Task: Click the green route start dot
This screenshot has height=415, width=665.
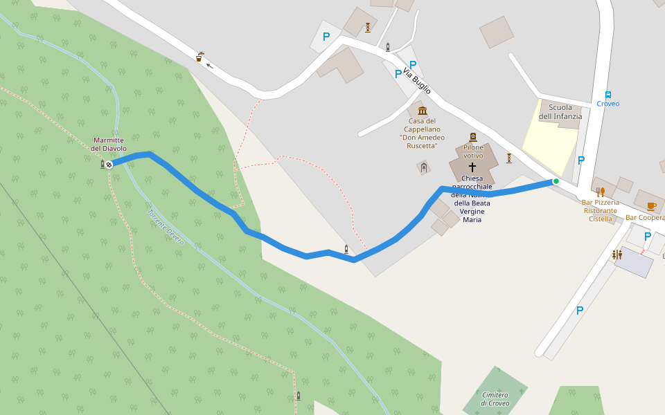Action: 556,181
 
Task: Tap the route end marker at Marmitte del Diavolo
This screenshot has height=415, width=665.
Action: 109,164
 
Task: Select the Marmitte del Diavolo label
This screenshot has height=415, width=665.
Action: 109,144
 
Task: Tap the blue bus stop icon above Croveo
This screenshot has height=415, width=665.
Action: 608,95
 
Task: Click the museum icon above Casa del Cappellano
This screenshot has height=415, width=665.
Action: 423,111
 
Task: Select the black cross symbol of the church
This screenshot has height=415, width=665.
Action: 473,167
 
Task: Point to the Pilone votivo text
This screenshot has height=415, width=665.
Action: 473,151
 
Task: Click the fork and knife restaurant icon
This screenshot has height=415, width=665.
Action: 601,192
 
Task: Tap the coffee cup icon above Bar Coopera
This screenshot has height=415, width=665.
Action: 651,206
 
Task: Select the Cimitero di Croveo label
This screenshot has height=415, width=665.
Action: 495,398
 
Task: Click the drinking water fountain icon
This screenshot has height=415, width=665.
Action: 199,57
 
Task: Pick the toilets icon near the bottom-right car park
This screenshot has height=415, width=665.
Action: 617,255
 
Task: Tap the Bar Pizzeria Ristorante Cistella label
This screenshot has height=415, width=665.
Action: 601,210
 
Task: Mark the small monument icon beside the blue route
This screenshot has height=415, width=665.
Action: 346,249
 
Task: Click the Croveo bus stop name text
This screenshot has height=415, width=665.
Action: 608,104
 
